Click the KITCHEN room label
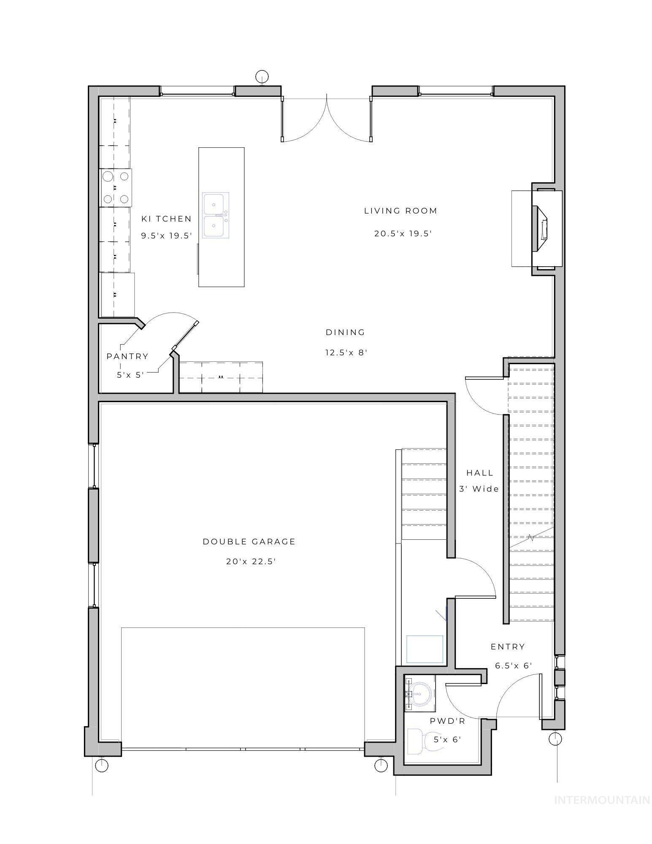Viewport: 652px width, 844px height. [166, 219]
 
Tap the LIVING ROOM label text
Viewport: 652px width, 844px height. [400, 211]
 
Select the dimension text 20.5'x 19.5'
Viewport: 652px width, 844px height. [403, 233]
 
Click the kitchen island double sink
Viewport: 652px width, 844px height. [216, 215]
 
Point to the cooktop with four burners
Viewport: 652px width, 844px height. [116, 187]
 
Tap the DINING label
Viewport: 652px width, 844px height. [345, 332]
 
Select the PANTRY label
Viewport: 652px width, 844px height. [127, 356]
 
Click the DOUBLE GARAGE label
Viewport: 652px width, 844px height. [249, 541]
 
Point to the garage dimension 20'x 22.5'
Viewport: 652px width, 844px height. [251, 561]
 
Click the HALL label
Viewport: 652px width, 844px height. [480, 473]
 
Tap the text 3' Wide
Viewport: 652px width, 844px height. [479, 489]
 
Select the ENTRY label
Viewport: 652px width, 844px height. [508, 647]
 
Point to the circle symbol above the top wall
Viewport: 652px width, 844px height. [262, 76]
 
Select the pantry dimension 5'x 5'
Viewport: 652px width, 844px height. [131, 374]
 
